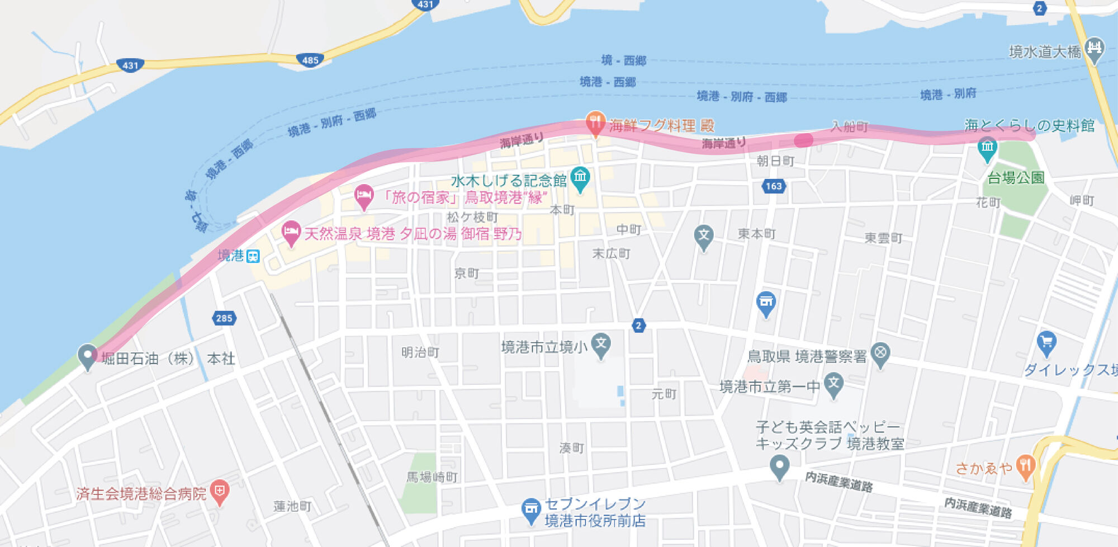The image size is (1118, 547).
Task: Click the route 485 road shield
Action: tap(310, 60)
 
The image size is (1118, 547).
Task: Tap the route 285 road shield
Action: tap(224, 318)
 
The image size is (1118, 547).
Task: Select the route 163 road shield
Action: tap(774, 186)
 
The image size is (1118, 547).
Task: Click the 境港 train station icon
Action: tap(253, 257)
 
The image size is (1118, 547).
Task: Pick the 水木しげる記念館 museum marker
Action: tap(580, 178)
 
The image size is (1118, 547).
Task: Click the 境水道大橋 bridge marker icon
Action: tap(1094, 49)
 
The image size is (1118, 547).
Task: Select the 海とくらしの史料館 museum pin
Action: tap(987, 148)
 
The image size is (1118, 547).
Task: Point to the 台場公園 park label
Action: tap(1016, 178)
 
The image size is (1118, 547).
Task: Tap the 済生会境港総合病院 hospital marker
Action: tap(219, 491)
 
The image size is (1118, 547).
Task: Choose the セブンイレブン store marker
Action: tap(530, 509)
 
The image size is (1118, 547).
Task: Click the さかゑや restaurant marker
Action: tap(1025, 466)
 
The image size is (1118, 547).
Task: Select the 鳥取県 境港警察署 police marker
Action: tap(880, 353)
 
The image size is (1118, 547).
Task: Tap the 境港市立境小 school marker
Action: tap(601, 344)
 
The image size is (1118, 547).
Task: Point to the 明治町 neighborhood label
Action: tap(420, 352)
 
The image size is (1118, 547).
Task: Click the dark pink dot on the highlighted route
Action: tap(803, 140)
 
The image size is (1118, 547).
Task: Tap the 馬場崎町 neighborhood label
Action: tap(432, 477)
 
